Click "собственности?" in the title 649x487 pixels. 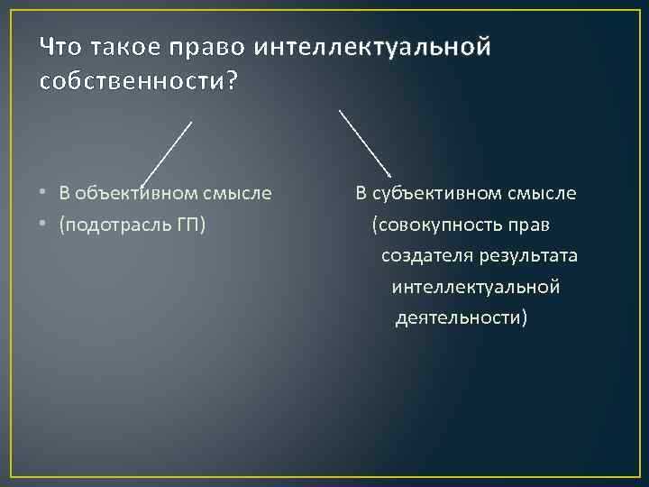(x=140, y=81)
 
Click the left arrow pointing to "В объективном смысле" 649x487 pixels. (x=167, y=152)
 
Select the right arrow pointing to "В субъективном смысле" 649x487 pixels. (x=364, y=142)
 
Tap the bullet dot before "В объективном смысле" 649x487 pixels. (x=44, y=193)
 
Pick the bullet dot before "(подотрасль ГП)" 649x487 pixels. (x=44, y=225)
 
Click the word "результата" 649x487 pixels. (x=531, y=256)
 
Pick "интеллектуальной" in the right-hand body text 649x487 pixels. (x=476, y=288)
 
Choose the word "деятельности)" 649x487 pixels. (x=462, y=319)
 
